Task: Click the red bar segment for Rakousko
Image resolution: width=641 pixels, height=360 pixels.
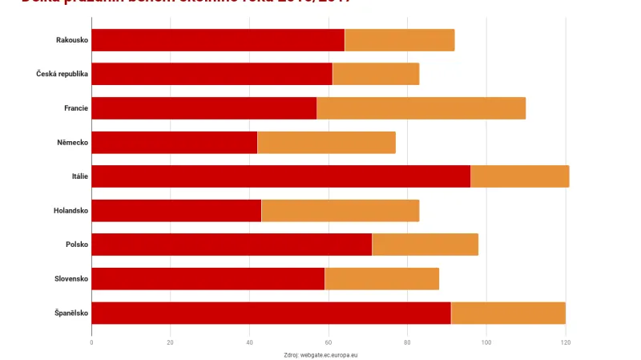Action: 218,40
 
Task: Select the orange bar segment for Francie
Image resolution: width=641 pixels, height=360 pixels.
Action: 421,108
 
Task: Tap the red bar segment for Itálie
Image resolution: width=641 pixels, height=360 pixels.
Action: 280,176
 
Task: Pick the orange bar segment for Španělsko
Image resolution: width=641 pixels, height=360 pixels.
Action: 508,313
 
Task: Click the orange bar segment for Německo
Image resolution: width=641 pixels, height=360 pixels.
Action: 326,142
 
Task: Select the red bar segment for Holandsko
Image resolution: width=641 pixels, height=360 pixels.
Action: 176,211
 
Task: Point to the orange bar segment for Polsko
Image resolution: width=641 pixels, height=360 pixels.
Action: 425,245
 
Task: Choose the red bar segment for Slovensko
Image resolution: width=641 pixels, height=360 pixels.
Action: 208,278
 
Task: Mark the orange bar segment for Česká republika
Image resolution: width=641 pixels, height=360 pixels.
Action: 376,74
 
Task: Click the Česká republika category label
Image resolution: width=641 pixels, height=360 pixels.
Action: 62,74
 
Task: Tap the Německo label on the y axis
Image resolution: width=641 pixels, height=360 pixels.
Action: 71,142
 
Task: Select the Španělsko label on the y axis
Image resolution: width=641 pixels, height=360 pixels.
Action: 71,313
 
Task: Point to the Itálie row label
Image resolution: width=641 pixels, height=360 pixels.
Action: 79,176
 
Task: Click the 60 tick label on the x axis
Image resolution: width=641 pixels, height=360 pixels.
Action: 328,342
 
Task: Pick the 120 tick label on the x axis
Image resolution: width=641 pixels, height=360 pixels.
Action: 565,342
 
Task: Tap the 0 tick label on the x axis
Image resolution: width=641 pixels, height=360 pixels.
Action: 91,342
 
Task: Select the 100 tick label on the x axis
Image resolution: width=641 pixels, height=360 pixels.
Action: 486,342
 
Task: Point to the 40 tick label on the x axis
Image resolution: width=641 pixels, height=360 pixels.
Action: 249,342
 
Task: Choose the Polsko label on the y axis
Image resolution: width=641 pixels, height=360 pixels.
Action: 77,245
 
